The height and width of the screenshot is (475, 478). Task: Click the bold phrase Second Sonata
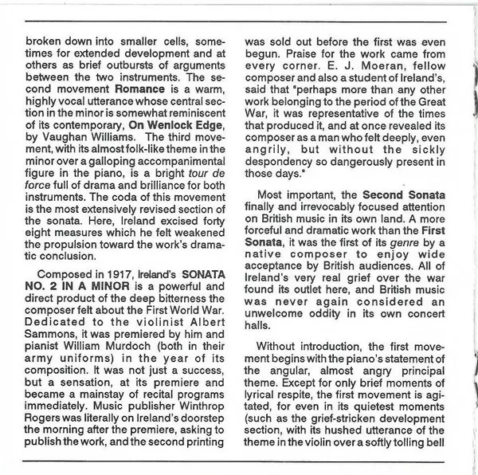404,195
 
